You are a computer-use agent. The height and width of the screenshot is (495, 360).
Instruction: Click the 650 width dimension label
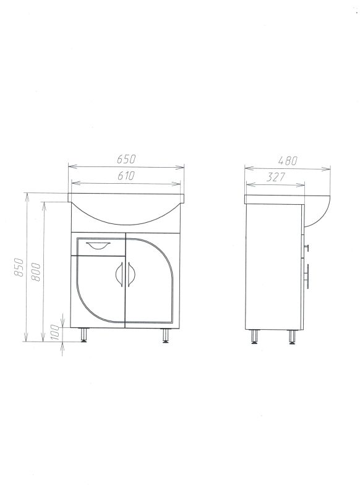click(x=126, y=159)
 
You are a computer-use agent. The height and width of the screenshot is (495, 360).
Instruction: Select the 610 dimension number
click(x=126, y=176)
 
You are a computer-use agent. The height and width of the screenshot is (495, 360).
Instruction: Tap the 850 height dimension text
click(x=19, y=267)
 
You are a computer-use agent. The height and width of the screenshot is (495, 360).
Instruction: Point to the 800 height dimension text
click(x=36, y=272)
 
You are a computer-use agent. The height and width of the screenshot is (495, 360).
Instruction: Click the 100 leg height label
click(x=55, y=332)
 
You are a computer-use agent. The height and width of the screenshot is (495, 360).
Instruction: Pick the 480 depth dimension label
click(x=288, y=161)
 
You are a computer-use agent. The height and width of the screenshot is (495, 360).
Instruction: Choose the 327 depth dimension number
click(x=275, y=178)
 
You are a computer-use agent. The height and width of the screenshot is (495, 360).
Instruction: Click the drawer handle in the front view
click(x=98, y=245)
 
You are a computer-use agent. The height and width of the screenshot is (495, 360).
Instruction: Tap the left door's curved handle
click(x=119, y=274)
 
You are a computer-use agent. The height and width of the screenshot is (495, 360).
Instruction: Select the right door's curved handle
click(x=131, y=274)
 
